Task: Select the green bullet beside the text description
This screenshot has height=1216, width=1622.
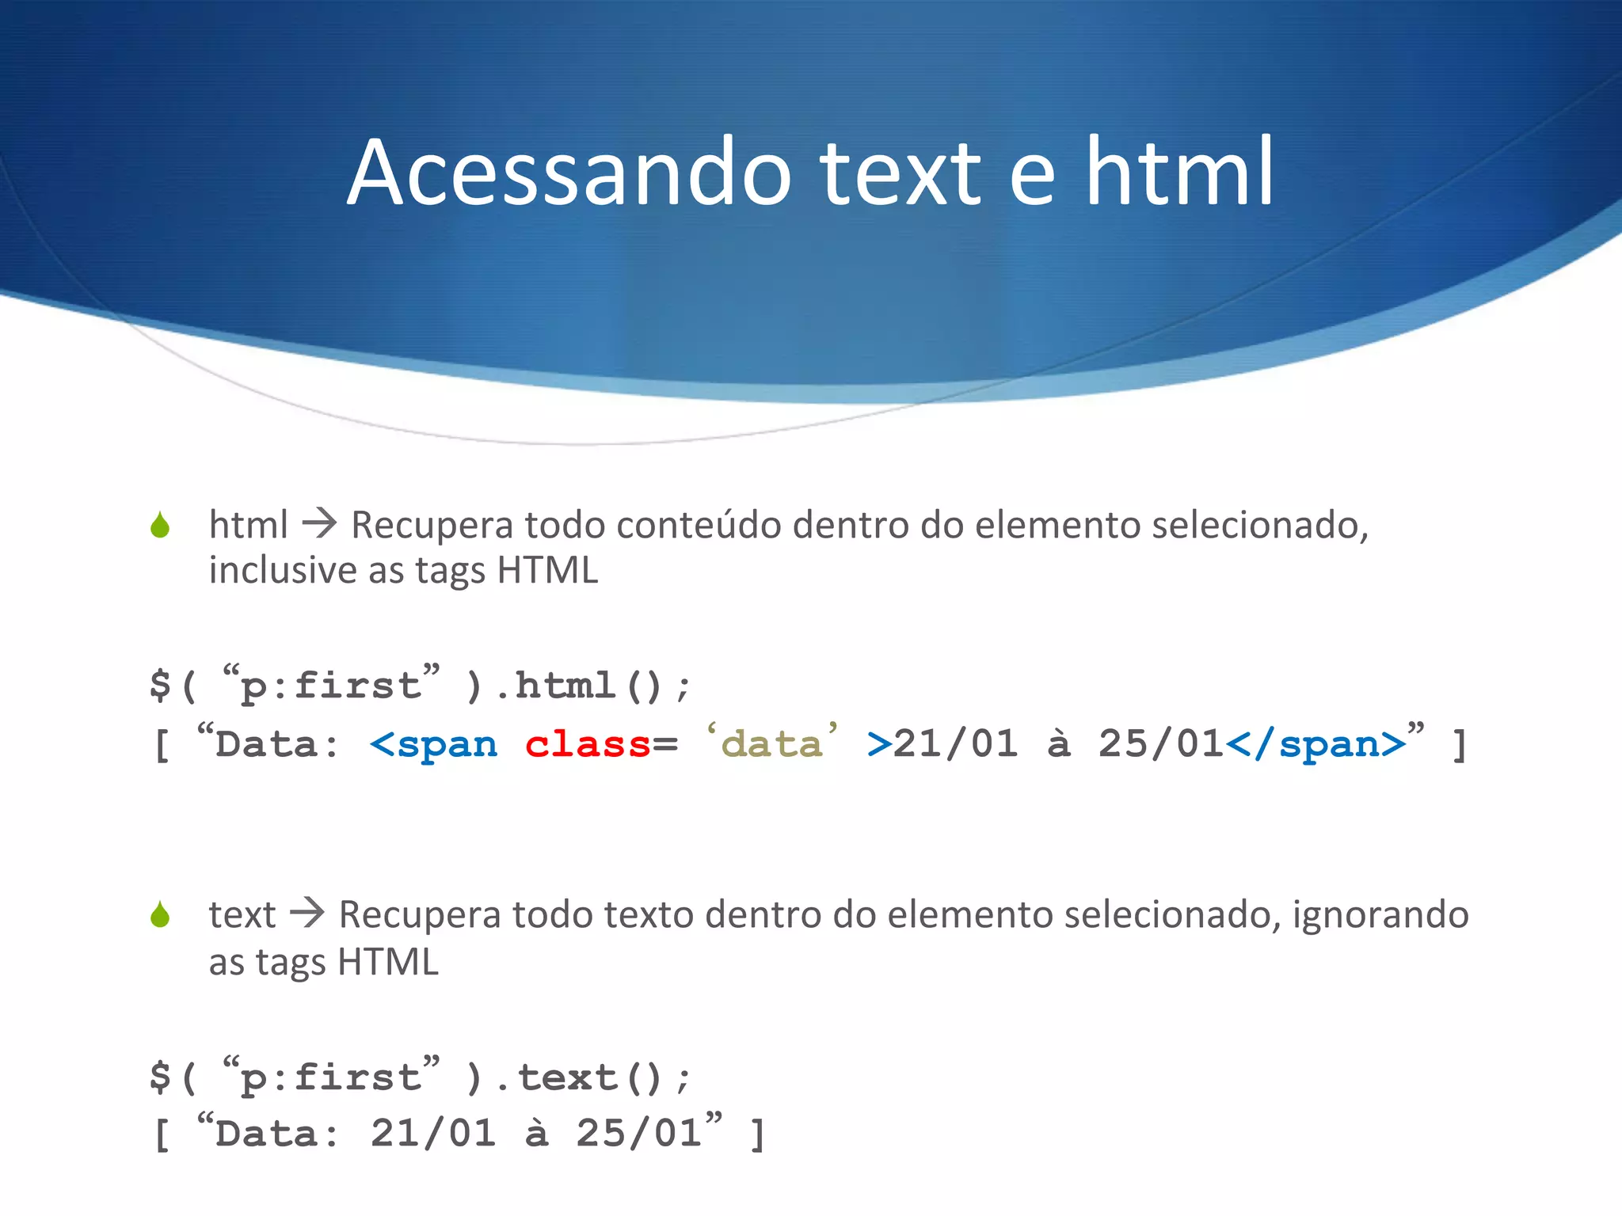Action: [x=160, y=915]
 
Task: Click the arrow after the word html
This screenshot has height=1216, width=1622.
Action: [x=320, y=524]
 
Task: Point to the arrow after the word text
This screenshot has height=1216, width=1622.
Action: [x=307, y=914]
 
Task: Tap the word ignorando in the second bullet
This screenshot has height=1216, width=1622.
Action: [x=1380, y=915]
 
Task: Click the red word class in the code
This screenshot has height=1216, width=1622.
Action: [x=588, y=744]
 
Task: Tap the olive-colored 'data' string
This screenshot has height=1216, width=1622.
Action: [x=772, y=744]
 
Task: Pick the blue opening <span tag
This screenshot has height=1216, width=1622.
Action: [x=434, y=744]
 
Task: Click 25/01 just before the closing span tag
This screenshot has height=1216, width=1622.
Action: [x=1161, y=744]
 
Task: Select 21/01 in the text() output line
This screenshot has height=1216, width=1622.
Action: [x=433, y=1134]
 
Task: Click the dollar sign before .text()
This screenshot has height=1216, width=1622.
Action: [x=160, y=1077]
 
